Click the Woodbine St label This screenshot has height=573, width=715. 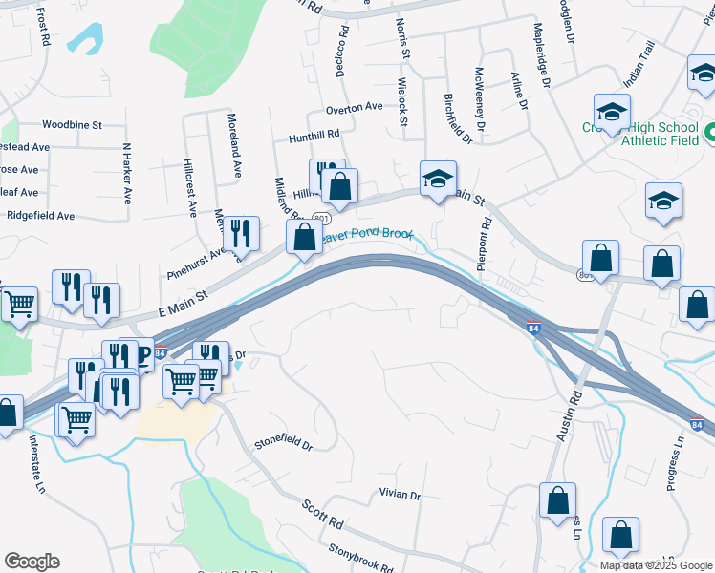pyautogui.click(x=72, y=125)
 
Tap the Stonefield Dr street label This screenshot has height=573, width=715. pyautogui.click(x=283, y=443)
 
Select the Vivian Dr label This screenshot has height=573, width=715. pyautogui.click(x=400, y=495)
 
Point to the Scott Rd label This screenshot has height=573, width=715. pyautogui.click(x=322, y=517)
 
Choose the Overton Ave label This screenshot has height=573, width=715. pyautogui.click(x=354, y=108)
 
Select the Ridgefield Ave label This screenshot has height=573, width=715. pyautogui.click(x=40, y=216)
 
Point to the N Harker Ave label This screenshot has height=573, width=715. pyautogui.click(x=125, y=174)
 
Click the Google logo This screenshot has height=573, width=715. pyautogui.click(x=32, y=561)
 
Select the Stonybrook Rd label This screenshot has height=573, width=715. pyautogui.click(x=360, y=558)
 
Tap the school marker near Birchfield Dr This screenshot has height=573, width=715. pyautogui.click(x=439, y=179)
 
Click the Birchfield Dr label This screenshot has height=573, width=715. pyautogui.click(x=459, y=119)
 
